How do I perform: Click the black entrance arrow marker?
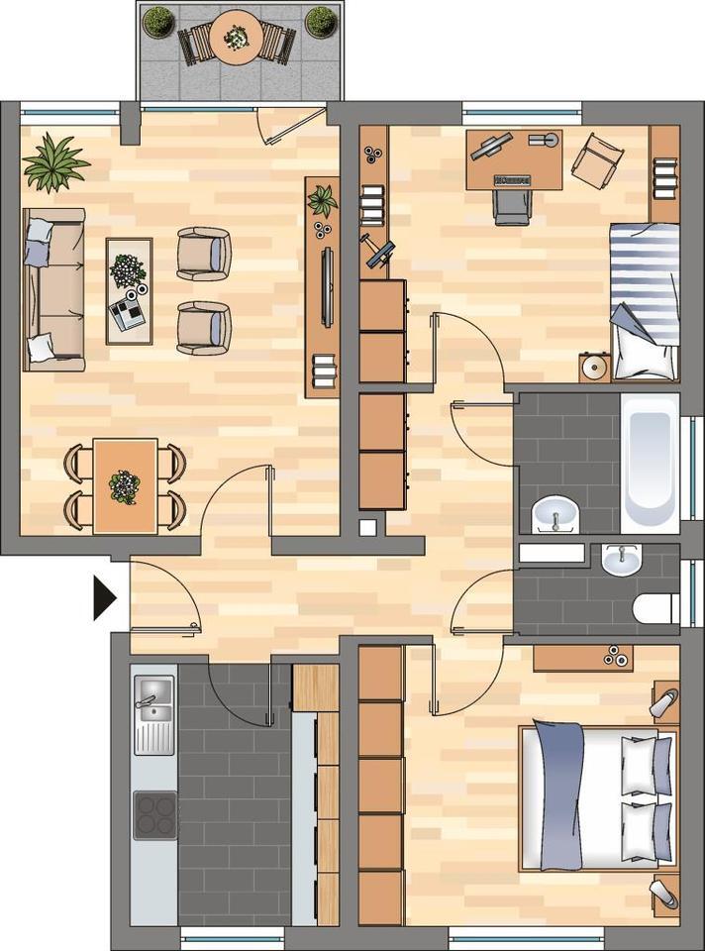(104, 598)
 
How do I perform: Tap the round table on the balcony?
(236, 39)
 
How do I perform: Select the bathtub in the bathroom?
(650, 463)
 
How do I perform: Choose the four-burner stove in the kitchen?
(154, 814)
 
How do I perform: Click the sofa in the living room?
(51, 289)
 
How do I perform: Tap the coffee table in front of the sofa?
(129, 290)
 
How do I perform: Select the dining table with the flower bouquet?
(125, 485)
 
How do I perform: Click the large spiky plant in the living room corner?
(55, 163)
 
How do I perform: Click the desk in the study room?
(514, 158)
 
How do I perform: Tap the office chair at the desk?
(511, 205)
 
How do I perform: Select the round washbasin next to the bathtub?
(556, 514)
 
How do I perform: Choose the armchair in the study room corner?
(597, 159)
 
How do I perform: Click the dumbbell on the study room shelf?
(378, 250)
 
